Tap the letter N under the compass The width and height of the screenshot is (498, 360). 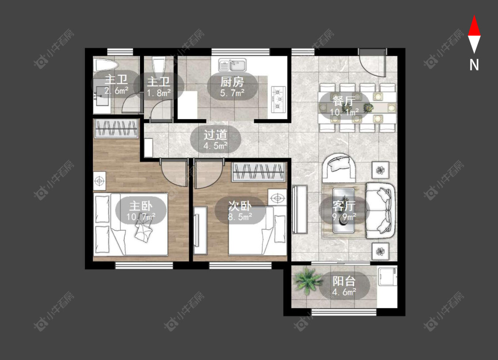[x=474, y=65]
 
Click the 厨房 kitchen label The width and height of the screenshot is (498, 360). [x=232, y=82]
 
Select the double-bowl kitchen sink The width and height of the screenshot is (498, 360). [x=232, y=65]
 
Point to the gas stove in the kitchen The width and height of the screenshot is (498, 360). [x=278, y=100]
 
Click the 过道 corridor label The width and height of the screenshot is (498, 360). [x=215, y=135]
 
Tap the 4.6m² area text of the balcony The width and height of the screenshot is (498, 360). [x=344, y=292]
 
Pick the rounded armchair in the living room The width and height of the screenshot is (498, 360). [x=339, y=167]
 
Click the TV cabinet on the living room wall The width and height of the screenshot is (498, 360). [x=300, y=209]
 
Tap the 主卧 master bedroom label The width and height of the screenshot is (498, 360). [x=141, y=206]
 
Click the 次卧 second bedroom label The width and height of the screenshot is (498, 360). [x=240, y=206]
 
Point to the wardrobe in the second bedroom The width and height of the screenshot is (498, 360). [x=259, y=172]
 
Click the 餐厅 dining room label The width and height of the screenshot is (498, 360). [x=344, y=101]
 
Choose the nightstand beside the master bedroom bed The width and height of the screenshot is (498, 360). [x=100, y=182]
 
